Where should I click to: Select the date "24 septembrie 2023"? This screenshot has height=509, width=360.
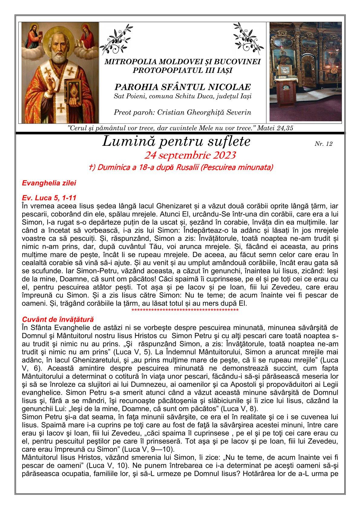(190, 155)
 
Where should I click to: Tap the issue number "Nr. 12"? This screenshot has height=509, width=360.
(323, 144)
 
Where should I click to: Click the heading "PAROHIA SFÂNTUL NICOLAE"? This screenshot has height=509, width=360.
(183, 87)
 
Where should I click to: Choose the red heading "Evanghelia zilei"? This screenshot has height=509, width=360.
(49, 183)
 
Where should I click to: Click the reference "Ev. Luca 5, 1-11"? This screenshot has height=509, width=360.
(49, 197)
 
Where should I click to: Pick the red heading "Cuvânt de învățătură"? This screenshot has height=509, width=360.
(58, 319)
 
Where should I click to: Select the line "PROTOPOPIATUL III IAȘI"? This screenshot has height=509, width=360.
(182, 70)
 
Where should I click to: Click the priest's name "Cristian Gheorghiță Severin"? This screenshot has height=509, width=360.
(202, 113)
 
